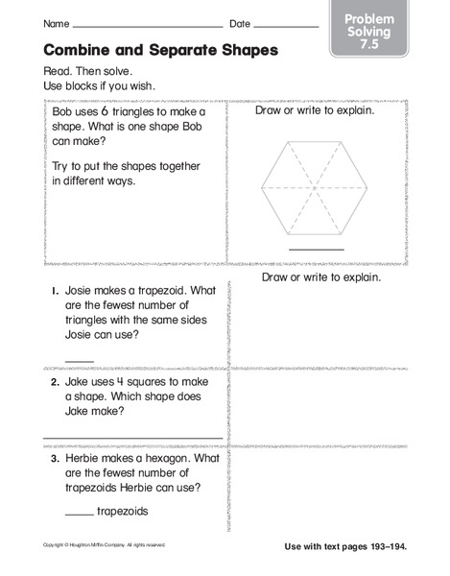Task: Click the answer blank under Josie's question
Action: click(80, 358)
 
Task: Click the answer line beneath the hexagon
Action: click(316, 249)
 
